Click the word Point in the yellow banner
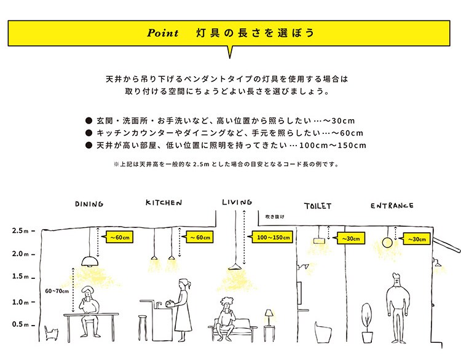click(163, 33)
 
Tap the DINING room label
click(89, 204)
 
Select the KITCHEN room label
click(165, 203)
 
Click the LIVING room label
click(237, 202)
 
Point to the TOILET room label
click(318, 206)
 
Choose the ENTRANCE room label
click(392, 206)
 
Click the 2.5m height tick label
click(20, 232)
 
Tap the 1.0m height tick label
click(20, 302)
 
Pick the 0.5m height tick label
click(20, 324)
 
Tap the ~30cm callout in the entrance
click(416, 238)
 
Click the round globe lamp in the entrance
click(387, 243)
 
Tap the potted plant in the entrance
click(367, 323)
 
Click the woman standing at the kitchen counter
click(182, 310)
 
